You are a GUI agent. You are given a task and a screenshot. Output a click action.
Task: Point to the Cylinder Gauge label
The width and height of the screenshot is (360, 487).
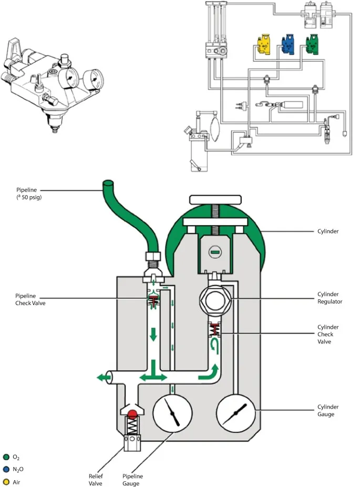(x=328, y=411)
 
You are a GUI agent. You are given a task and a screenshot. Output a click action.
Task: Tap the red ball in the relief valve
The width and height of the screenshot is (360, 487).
(x=132, y=414)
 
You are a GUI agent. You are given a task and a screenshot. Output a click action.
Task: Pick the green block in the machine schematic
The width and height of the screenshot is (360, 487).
(x=314, y=45)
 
